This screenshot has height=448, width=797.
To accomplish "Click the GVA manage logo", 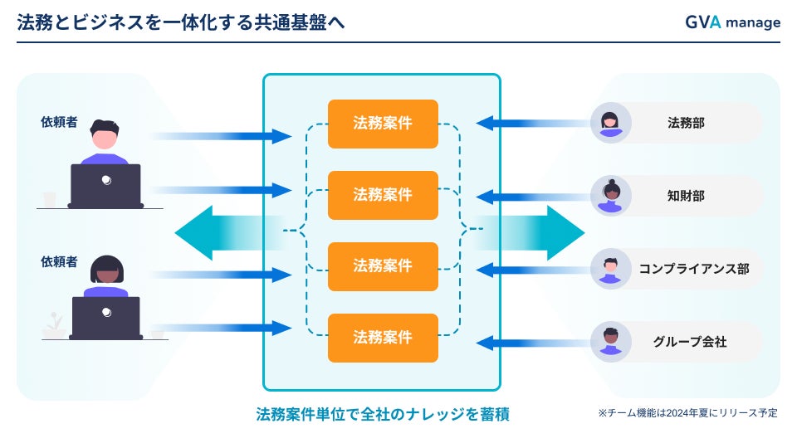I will click(x=732, y=22).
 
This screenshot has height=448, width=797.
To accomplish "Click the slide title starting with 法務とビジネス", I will click(x=181, y=23).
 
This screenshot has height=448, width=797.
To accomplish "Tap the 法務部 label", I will click(x=687, y=123).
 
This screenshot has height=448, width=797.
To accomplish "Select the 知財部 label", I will click(x=687, y=196).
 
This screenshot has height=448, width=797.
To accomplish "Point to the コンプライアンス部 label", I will click(x=694, y=268).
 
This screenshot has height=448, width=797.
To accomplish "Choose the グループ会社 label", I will click(x=690, y=341).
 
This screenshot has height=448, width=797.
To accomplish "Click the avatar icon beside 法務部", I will click(x=611, y=123).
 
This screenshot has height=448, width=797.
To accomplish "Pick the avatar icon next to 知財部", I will click(x=611, y=196).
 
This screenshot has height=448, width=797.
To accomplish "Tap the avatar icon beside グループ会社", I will click(x=611, y=341).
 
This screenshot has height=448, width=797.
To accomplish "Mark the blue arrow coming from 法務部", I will click(x=531, y=124).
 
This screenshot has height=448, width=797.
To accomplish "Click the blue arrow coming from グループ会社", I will click(x=531, y=342).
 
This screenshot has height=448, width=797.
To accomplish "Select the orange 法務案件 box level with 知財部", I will click(x=383, y=195).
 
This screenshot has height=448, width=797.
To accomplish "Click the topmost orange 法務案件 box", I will click(x=383, y=124).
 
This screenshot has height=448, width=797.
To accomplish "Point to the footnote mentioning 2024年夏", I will click(x=687, y=412).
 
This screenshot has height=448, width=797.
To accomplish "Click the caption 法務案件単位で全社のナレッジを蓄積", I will click(x=383, y=414).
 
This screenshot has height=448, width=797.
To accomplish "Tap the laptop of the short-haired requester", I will click(x=105, y=186).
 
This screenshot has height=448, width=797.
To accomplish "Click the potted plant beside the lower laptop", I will click(x=55, y=324).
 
